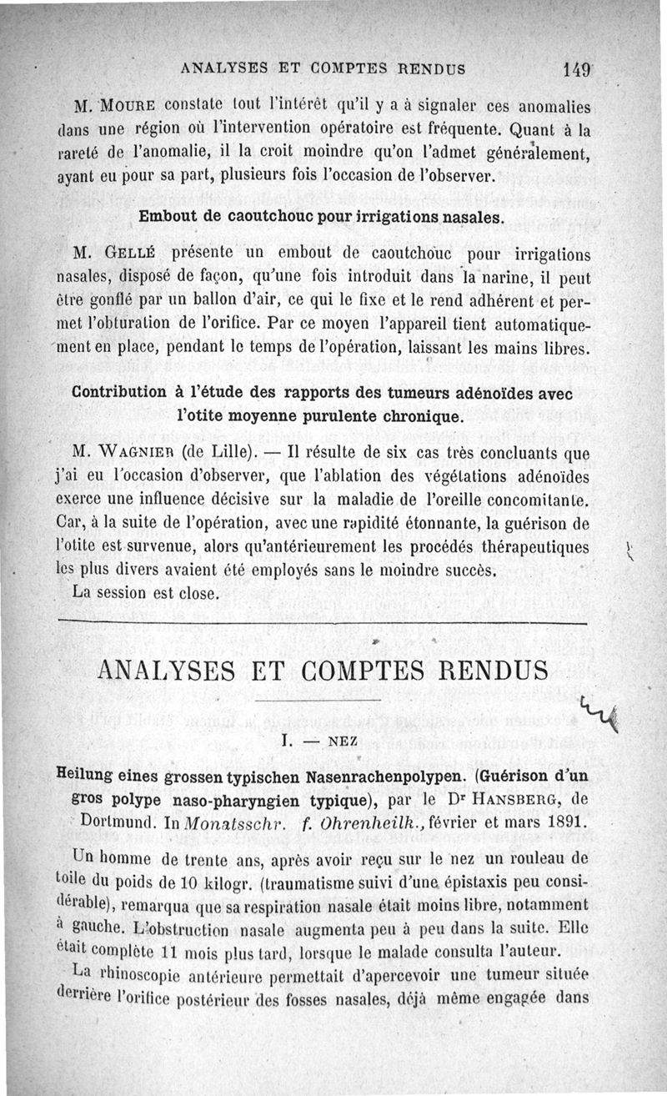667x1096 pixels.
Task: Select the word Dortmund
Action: [117, 820]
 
